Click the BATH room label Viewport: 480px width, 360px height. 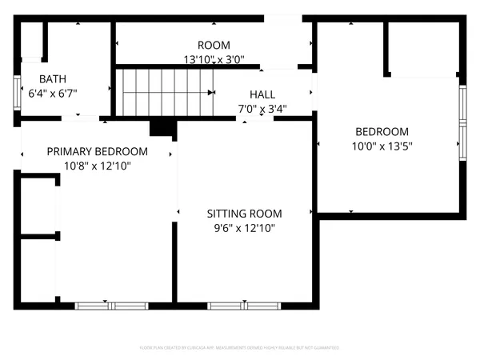click(53, 79)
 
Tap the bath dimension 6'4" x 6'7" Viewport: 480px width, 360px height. click(53, 93)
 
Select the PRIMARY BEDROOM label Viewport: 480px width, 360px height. click(97, 152)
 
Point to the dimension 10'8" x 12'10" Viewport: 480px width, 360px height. click(97, 166)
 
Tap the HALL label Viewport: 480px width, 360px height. click(262, 94)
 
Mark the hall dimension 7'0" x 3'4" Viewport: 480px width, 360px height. click(262, 108)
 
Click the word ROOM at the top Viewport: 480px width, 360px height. click(214, 46)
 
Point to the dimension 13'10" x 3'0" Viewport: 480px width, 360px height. click(214, 59)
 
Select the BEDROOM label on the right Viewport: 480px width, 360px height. click(382, 132)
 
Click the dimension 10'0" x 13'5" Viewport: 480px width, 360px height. click(382, 146)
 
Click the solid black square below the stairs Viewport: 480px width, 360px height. click(162, 128)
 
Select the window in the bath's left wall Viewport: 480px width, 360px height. click(17, 93)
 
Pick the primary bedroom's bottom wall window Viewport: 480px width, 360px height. click(111, 305)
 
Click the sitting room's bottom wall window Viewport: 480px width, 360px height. click(244, 305)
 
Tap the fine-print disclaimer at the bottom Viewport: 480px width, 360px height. click(240, 348)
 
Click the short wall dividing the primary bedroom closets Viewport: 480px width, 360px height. click(37, 237)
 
